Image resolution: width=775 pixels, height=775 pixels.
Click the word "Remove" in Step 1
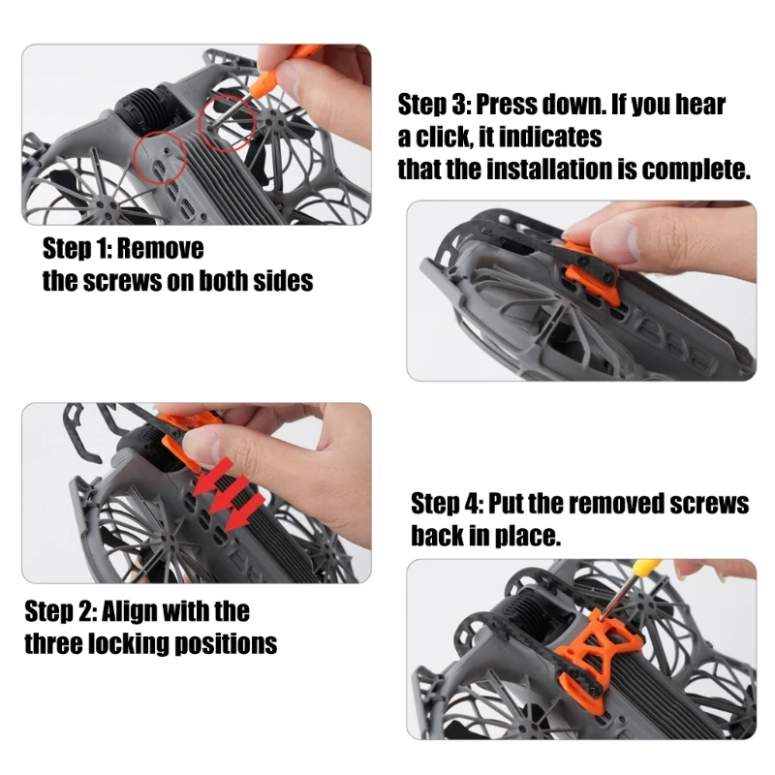[161, 248]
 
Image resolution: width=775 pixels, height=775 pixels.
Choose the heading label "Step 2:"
[61, 611]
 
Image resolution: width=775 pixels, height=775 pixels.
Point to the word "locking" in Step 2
[130, 644]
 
